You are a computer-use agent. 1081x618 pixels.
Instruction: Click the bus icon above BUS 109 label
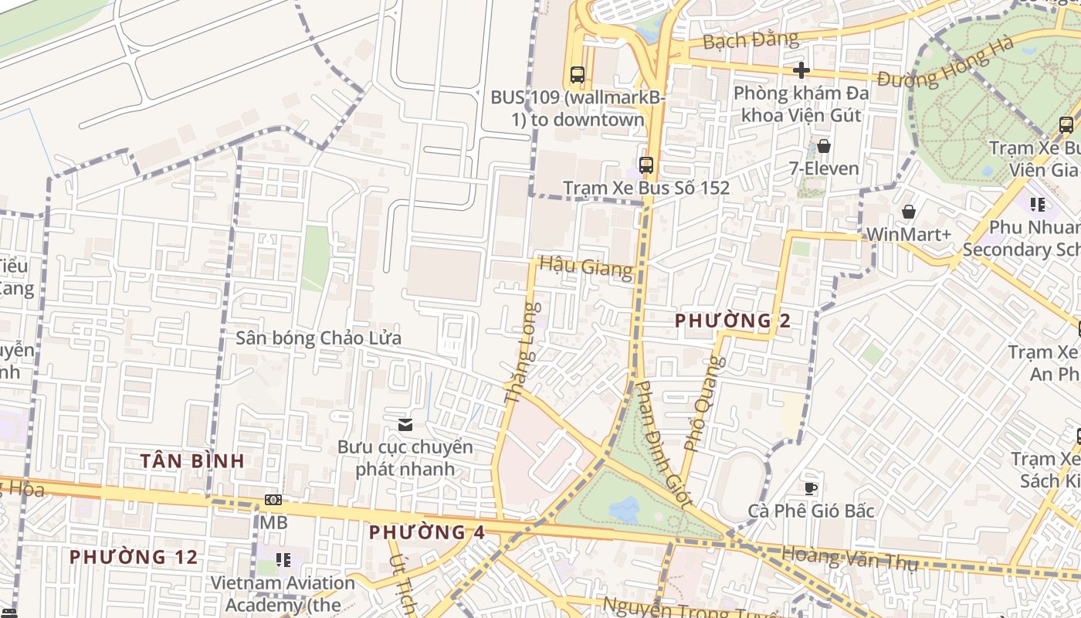tap(578, 75)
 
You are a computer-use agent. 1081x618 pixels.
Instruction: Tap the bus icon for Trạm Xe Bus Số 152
tap(646, 165)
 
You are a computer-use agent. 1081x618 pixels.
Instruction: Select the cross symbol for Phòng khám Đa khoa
tap(801, 70)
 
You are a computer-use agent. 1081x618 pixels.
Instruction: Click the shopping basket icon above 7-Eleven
tap(824, 146)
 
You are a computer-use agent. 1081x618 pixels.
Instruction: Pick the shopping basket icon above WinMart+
tap(909, 212)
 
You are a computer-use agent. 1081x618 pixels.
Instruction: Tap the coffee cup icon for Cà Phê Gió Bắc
tap(811, 488)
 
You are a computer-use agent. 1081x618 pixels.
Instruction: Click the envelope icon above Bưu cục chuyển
tap(405, 424)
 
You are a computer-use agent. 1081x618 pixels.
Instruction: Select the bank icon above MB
tap(273, 500)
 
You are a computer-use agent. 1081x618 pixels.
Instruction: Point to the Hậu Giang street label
tap(585, 267)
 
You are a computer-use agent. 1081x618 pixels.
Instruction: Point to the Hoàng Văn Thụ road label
tap(849, 558)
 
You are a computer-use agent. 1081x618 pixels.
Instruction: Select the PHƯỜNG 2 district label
tap(733, 321)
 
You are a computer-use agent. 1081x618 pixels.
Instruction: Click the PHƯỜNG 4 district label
tap(427, 532)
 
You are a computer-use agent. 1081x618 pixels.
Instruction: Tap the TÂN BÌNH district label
tap(192, 461)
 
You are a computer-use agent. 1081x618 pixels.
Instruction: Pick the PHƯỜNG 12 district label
tap(133, 557)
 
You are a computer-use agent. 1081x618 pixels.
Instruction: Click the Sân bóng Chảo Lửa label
tap(318, 338)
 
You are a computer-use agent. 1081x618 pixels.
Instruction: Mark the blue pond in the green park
tap(624, 509)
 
